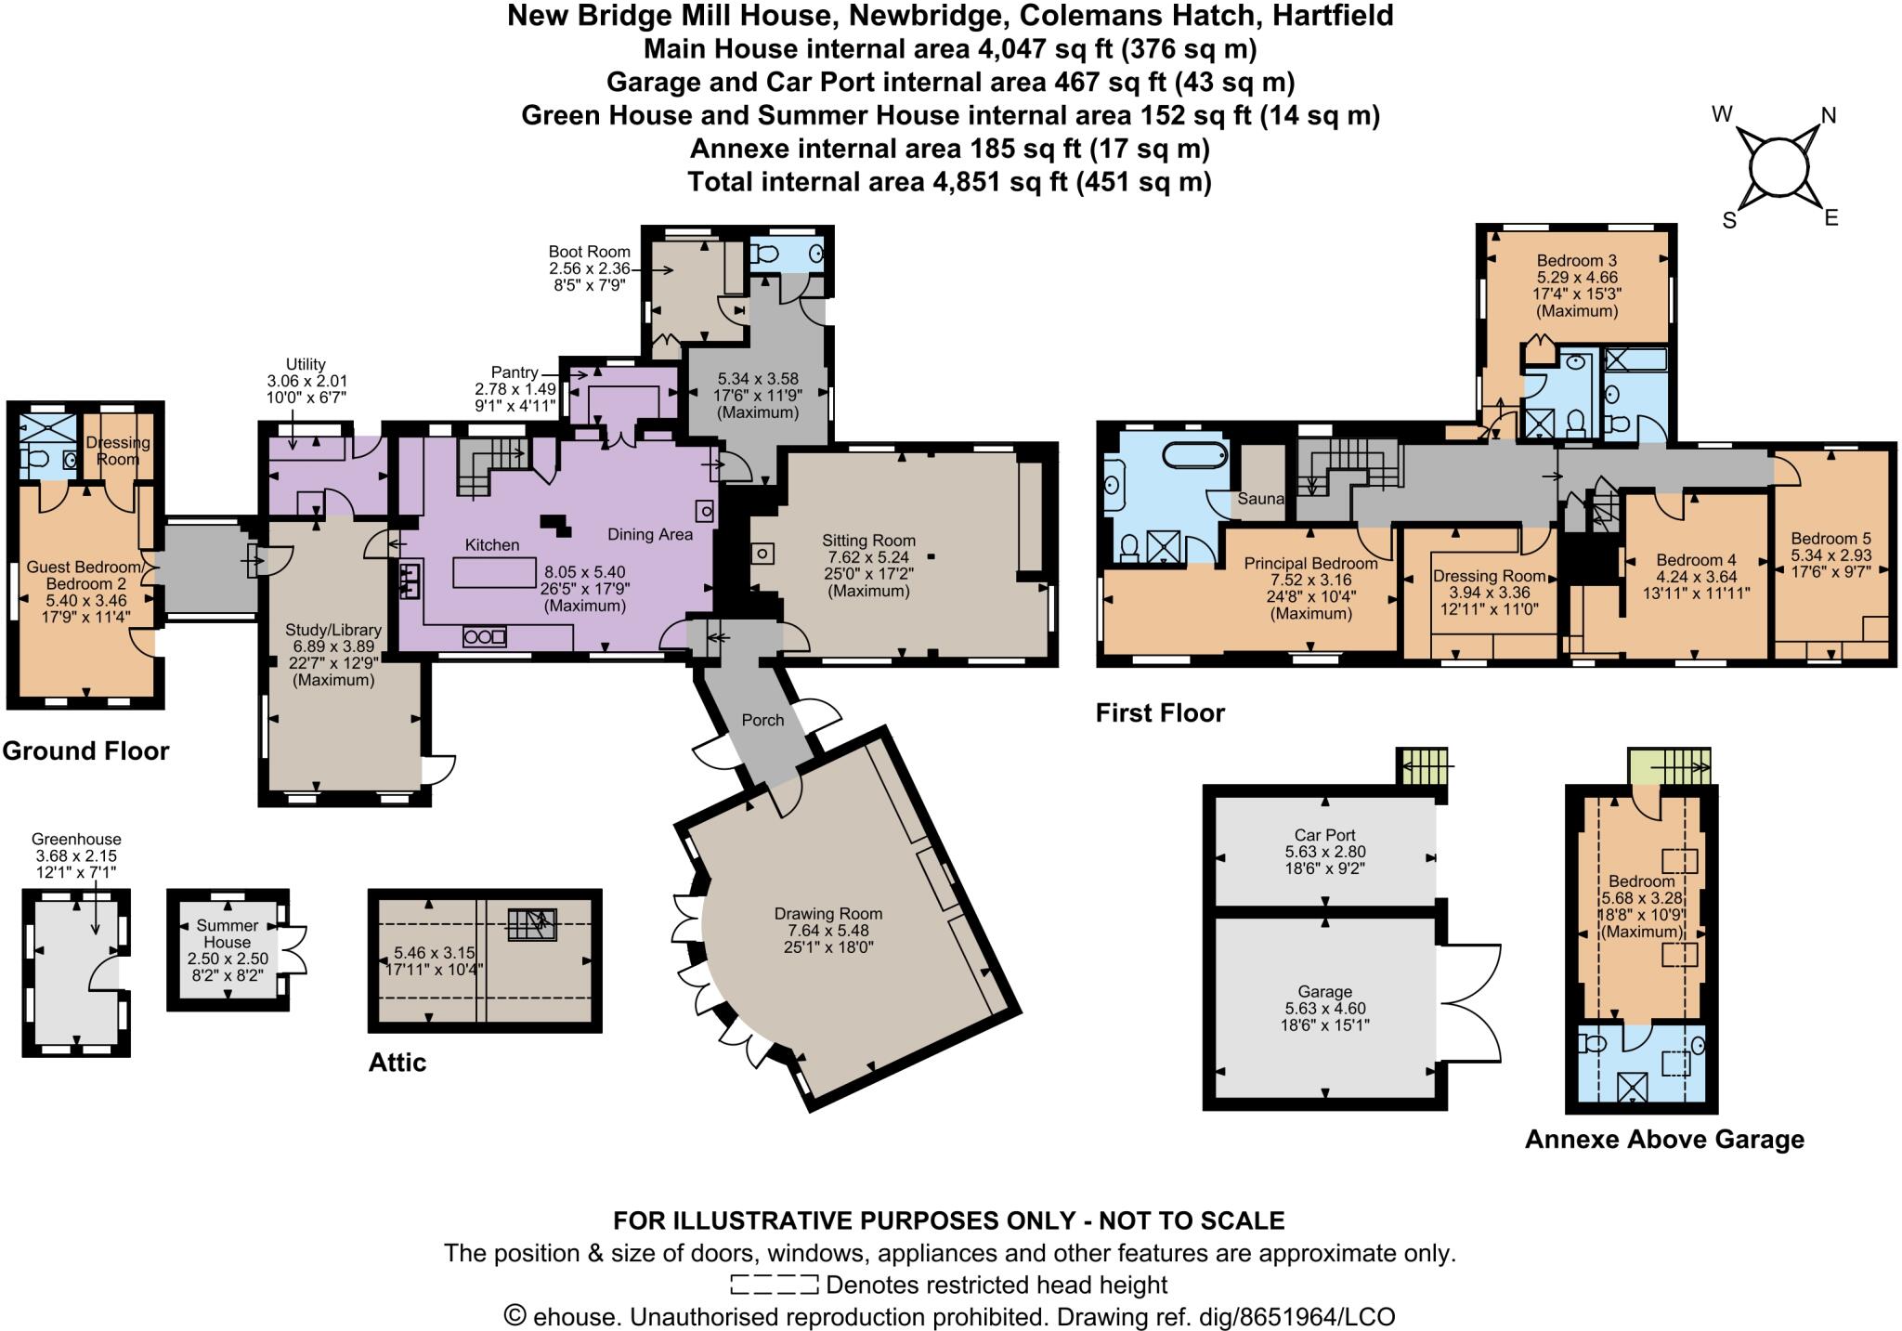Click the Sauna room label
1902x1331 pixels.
(x=1260, y=499)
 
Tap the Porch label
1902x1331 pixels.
(x=762, y=720)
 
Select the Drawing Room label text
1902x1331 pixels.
(x=828, y=914)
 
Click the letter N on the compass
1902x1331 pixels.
(x=1828, y=116)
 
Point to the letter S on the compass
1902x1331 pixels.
(x=1728, y=221)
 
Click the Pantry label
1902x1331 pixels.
(x=515, y=372)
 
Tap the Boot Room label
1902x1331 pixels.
(x=589, y=252)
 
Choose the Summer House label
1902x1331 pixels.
(x=228, y=933)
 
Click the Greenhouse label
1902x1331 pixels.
(x=76, y=839)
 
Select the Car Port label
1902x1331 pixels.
(x=1325, y=835)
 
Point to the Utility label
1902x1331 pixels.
(x=306, y=364)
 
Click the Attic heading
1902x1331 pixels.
(x=397, y=1063)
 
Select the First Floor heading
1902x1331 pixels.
(x=1160, y=713)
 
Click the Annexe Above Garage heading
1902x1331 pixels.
(x=1664, y=1140)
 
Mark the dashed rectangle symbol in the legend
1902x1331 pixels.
(x=774, y=1285)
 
